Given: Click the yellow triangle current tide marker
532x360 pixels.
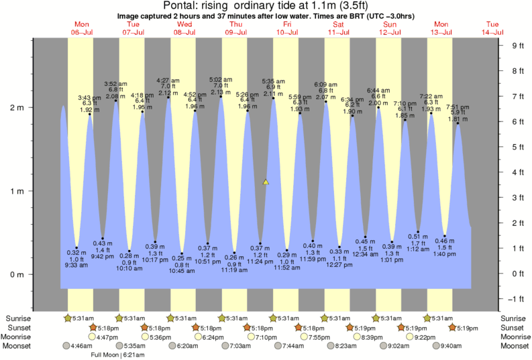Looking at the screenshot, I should [x=266, y=182].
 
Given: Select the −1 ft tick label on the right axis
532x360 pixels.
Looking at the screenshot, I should [x=517, y=299].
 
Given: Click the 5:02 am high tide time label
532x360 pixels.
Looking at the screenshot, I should [x=221, y=79].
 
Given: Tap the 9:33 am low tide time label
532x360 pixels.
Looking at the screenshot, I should [x=77, y=265].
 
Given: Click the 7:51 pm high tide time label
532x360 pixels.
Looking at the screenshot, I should [x=458, y=107].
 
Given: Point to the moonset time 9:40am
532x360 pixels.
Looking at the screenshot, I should [x=456, y=347].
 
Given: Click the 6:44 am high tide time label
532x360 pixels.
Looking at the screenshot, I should [x=378, y=90].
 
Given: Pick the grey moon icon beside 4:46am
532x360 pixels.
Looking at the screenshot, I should [x=66, y=347].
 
